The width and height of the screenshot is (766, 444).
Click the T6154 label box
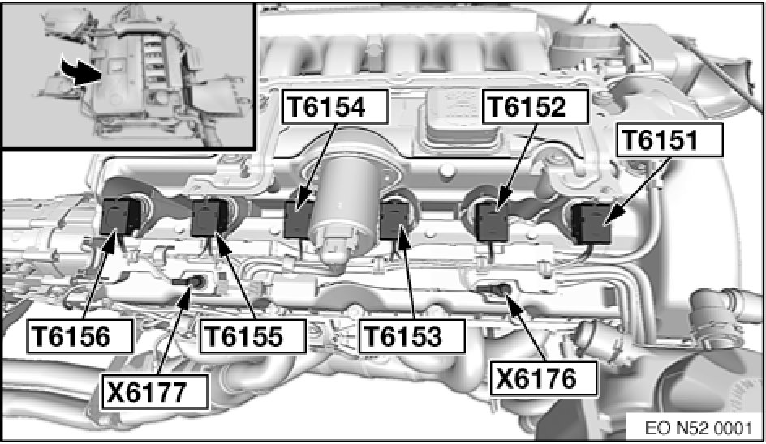335,106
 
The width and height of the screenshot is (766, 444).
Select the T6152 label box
536,106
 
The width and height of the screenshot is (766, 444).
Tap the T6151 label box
669,139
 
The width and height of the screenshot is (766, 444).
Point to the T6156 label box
80,335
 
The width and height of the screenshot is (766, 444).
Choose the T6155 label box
253,335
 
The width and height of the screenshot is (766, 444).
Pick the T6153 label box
412,335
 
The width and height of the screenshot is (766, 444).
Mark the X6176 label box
544,378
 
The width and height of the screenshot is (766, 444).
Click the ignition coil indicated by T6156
119,216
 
